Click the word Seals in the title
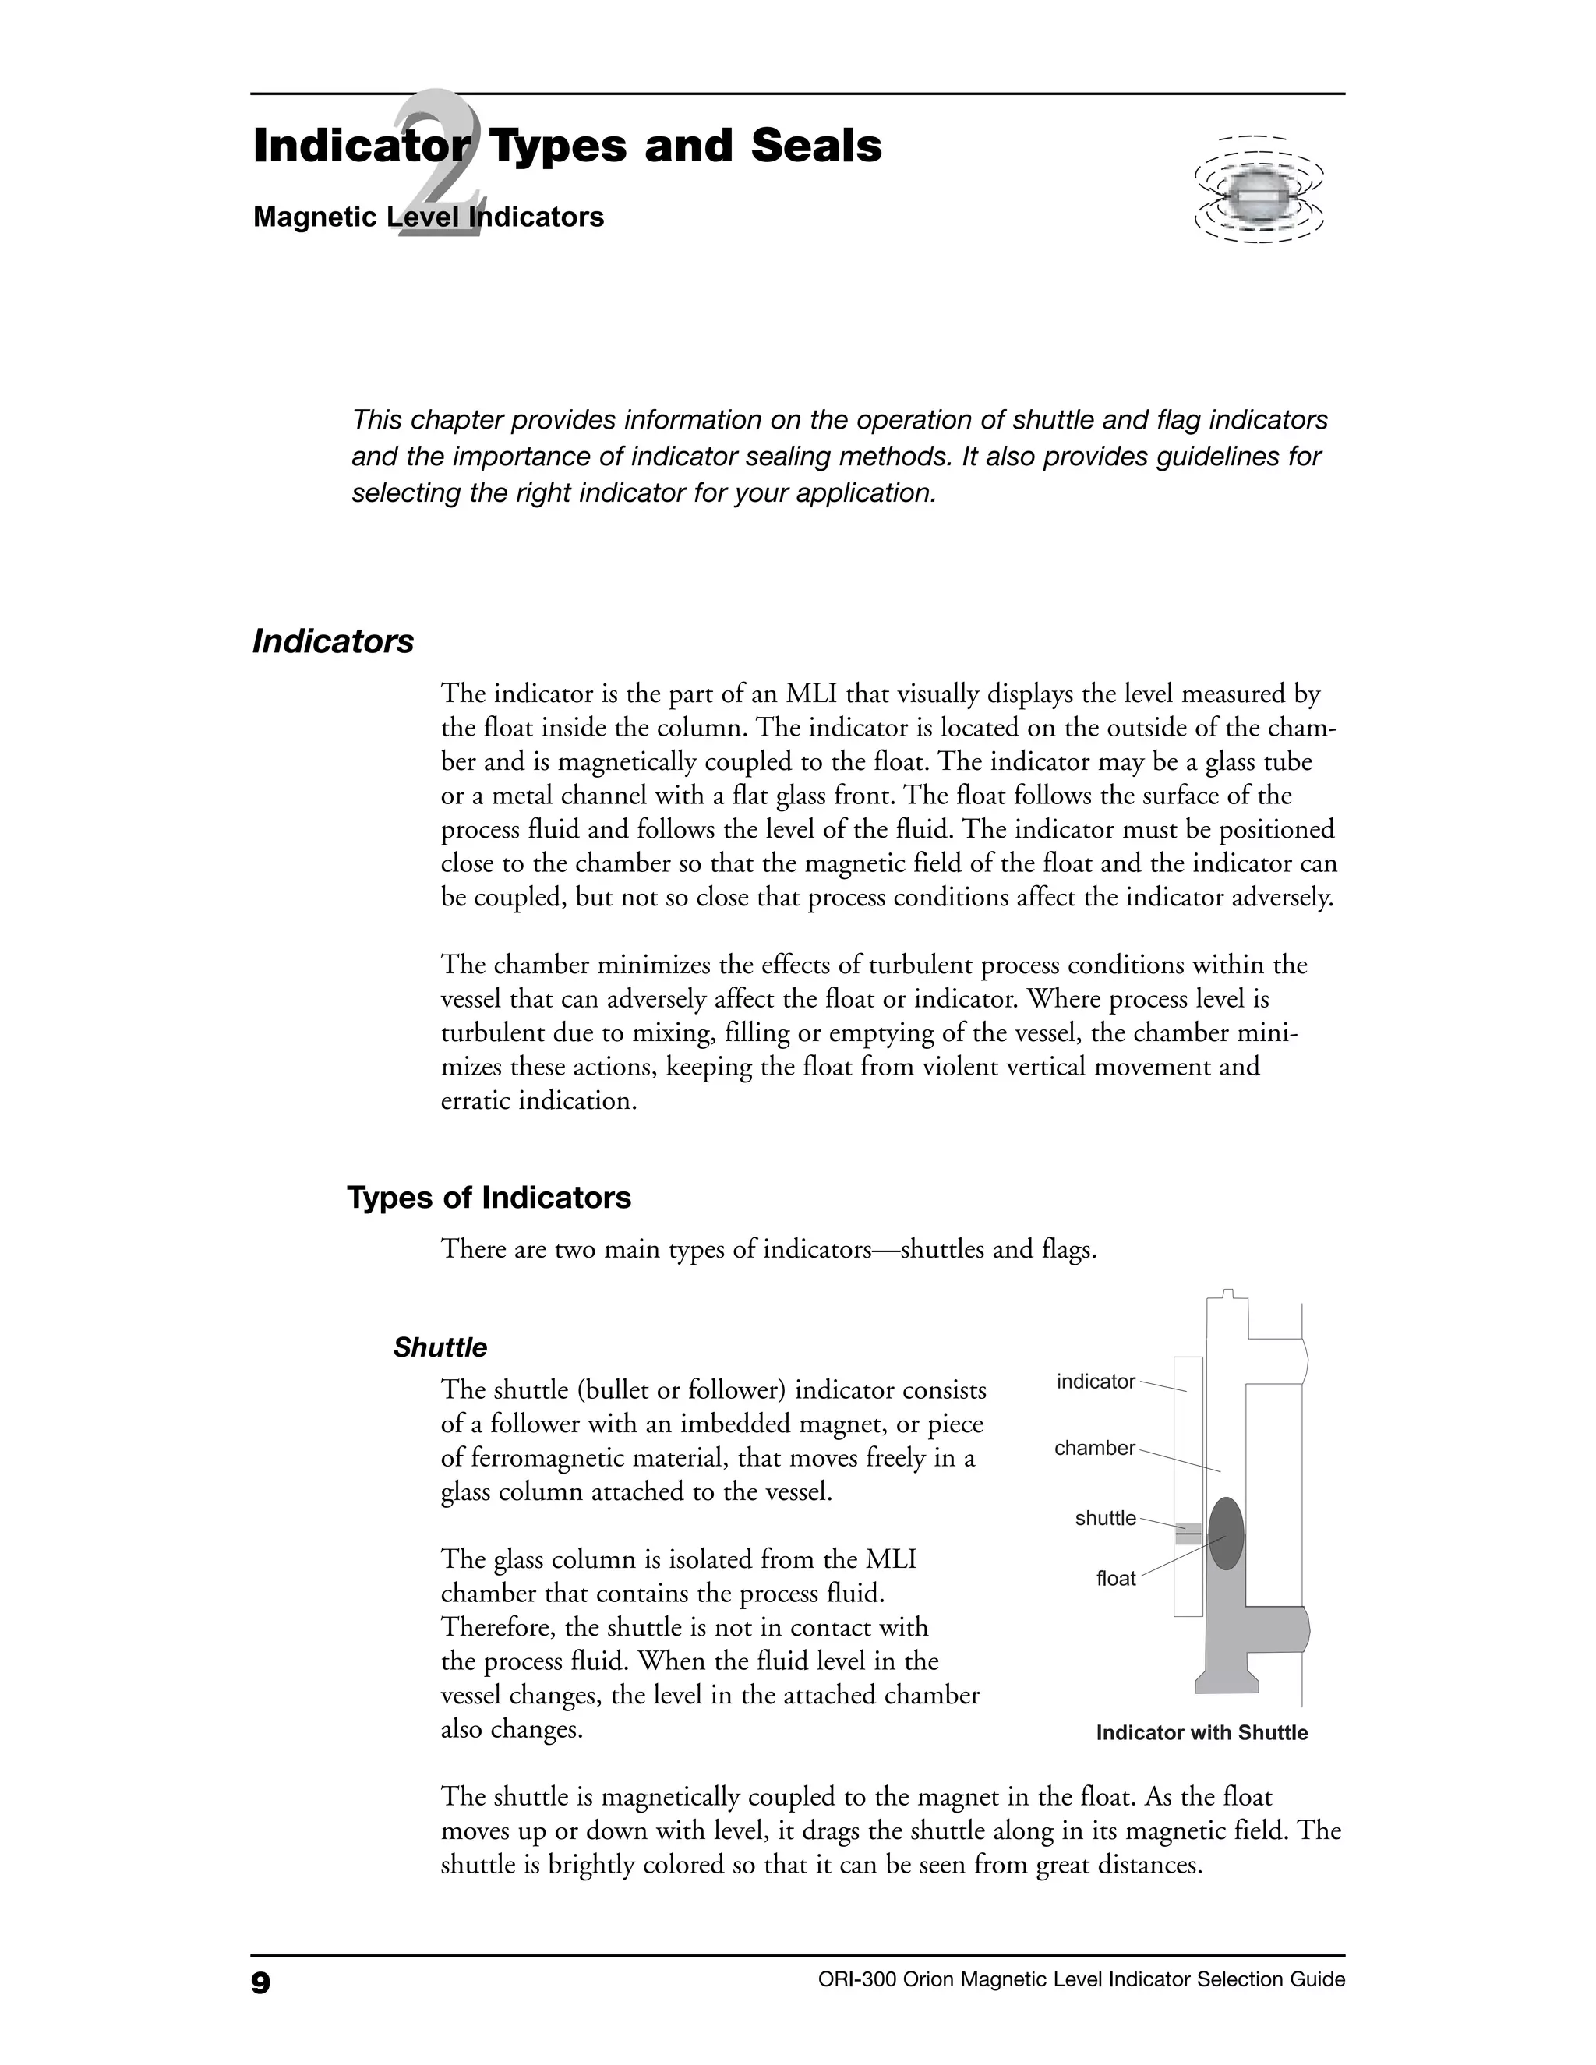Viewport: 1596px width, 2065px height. point(816,146)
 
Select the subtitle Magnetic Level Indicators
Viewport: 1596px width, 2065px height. point(429,217)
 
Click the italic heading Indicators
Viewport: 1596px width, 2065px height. point(333,642)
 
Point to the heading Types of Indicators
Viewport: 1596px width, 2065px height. point(489,1198)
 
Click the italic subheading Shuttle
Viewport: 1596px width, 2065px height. point(440,1347)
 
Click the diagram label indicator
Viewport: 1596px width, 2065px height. point(1095,1382)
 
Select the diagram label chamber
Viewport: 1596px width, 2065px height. point(1094,1449)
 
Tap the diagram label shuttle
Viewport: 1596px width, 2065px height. point(1104,1519)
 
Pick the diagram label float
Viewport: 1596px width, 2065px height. point(1116,1579)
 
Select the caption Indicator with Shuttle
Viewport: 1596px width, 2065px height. point(1201,1733)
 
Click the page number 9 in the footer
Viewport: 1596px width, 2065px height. point(261,1982)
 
